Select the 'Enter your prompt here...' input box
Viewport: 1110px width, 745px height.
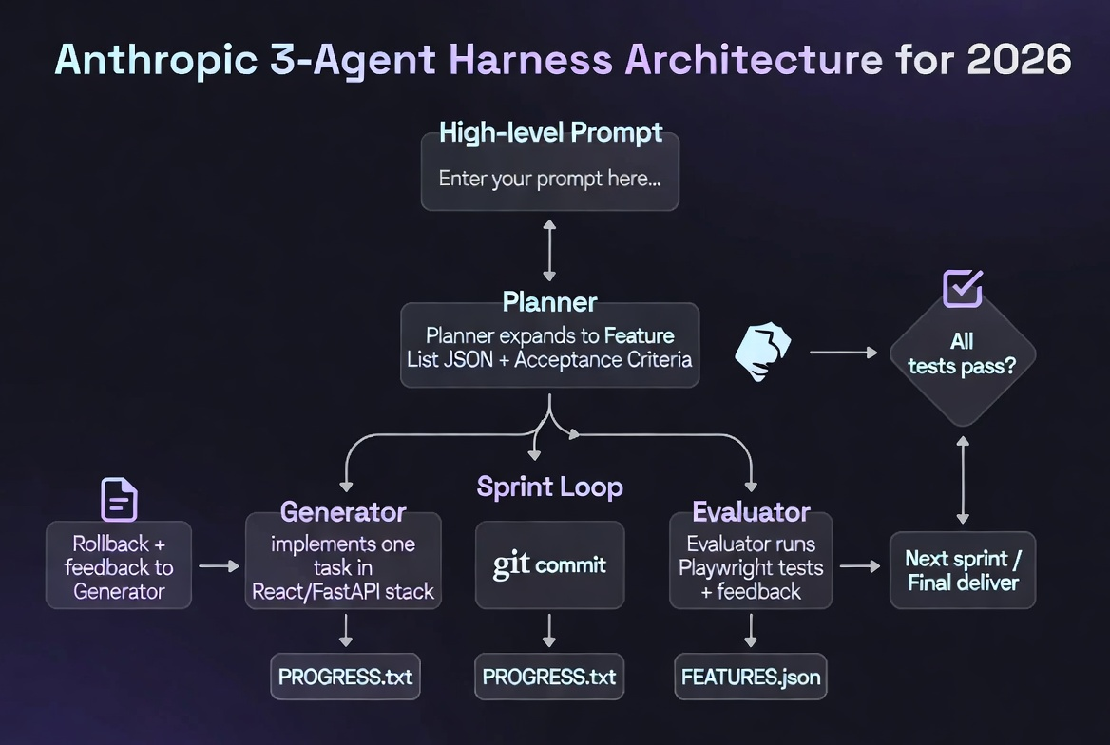coord(549,178)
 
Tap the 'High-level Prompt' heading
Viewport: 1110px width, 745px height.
coord(550,132)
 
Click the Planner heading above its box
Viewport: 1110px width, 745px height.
coord(549,302)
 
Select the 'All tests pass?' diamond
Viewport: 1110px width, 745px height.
coord(962,353)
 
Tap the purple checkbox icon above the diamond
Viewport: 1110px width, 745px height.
coord(962,288)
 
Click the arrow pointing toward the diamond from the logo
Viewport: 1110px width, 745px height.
coord(843,353)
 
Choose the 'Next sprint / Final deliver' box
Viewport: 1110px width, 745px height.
coord(962,569)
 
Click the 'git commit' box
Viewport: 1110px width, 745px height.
coord(549,565)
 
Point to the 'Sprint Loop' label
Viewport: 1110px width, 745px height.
coord(549,487)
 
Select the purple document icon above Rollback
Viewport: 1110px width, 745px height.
coord(119,500)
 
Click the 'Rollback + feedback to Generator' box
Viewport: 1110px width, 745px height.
coord(119,565)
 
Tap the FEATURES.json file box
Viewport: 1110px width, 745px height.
coord(750,678)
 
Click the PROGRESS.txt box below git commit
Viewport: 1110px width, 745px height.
coord(549,678)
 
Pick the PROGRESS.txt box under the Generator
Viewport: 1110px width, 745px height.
coord(345,678)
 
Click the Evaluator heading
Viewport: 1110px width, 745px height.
coord(751,512)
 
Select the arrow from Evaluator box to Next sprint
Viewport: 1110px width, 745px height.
coord(860,566)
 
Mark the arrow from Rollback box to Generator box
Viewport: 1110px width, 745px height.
coord(219,566)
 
